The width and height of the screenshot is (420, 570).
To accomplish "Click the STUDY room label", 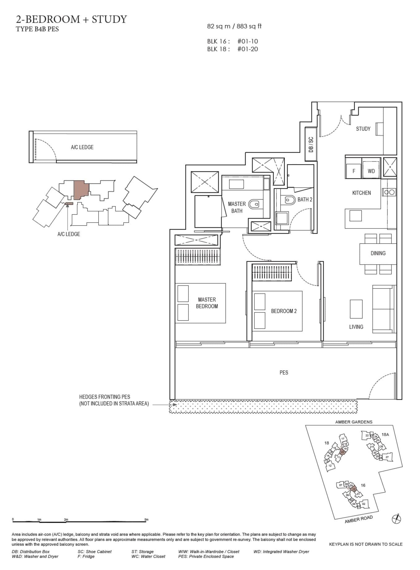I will tap(363, 129).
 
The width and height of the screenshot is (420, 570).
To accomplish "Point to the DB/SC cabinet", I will tap(311, 144).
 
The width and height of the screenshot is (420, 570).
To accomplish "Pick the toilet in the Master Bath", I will tap(254, 204).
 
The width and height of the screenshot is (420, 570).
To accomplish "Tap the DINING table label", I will tap(378, 253).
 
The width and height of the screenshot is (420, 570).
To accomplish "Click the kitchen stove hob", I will tap(389, 192).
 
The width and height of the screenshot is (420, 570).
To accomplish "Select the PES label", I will tap(284, 373).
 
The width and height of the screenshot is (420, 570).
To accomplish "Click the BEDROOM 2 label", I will tap(284, 311).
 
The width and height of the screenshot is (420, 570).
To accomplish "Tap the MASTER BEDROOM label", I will tap(207, 303).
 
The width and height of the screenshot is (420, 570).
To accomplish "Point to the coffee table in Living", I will tap(356, 309).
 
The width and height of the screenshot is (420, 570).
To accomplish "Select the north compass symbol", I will tap(396, 519).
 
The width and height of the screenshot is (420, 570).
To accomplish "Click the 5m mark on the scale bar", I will tap(146, 520).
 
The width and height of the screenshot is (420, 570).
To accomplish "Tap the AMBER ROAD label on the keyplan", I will tap(359, 520).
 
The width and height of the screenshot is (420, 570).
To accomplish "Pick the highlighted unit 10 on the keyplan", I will tap(354, 489).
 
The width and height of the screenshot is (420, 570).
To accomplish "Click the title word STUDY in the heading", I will tap(109, 19).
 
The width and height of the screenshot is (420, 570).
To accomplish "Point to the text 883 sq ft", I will tap(249, 27).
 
